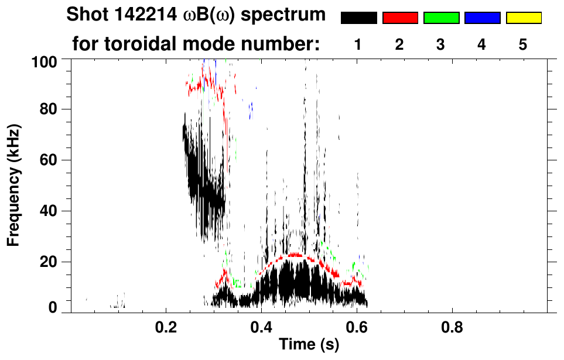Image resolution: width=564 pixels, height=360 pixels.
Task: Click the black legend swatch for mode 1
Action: click(x=358, y=18)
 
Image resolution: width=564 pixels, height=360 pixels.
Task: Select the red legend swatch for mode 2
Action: click(x=400, y=18)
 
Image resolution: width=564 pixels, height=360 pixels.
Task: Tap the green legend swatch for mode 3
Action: click(x=441, y=18)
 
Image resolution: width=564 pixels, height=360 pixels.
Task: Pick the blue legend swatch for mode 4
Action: click(x=482, y=18)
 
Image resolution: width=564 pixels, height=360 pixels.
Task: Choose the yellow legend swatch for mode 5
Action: click(x=524, y=18)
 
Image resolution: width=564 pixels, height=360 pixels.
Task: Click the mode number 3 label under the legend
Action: click(x=441, y=45)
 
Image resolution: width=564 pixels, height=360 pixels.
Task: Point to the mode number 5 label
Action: click(x=524, y=45)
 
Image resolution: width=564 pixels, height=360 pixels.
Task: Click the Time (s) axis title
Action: click(x=308, y=345)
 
